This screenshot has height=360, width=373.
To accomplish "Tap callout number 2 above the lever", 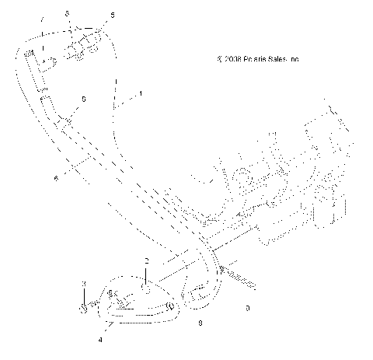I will pos(145,260).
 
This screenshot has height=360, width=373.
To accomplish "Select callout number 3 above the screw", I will pos(83,284).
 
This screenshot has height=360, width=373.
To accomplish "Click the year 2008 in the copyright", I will pos(235,58).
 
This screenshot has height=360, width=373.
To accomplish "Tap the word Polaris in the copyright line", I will pos(257,58).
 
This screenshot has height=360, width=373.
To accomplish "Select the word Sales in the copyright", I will pos(281,58).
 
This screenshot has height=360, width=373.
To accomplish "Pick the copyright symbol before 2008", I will pos(221,58).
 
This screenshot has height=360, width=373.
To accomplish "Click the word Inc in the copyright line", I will pos(296,58).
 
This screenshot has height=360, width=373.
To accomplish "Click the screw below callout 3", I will pos(83,306).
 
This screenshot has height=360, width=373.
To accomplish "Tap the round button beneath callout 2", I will pos(145,287).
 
